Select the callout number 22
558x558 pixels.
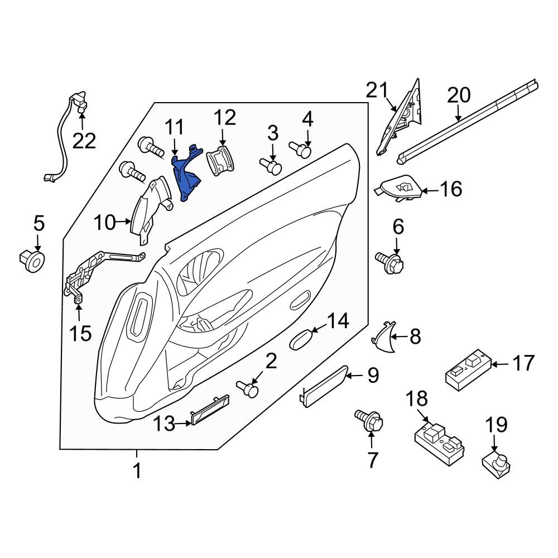click(84, 141)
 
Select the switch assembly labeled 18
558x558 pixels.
click(440, 442)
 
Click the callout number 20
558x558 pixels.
click(459, 95)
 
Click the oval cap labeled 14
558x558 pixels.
click(302, 339)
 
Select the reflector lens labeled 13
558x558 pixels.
click(210, 410)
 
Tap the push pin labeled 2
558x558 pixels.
click(248, 388)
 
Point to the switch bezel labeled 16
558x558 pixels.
click(398, 189)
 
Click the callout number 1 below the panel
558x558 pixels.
click(137, 470)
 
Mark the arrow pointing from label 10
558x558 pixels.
click(123, 222)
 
